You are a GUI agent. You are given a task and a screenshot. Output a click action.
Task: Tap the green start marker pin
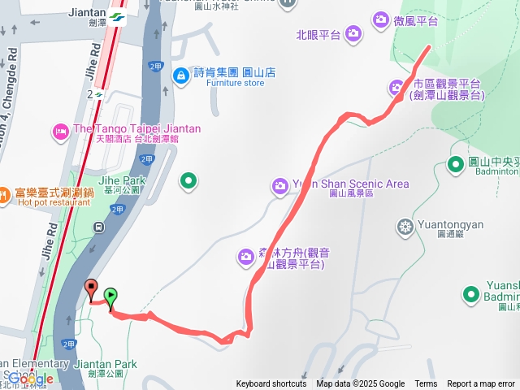[x=110, y=297]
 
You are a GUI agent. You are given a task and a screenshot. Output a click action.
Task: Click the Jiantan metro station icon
[x=118, y=17]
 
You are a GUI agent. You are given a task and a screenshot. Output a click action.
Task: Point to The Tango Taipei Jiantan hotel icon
[x=60, y=130]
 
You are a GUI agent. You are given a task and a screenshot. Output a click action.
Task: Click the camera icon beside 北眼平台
[x=353, y=33]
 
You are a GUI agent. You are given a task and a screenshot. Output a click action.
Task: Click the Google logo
[x=30, y=379]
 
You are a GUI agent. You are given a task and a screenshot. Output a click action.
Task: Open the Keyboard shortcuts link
[x=271, y=383]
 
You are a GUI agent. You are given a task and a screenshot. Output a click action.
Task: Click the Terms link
[x=426, y=383]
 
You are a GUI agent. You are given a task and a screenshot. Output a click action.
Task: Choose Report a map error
[x=481, y=383]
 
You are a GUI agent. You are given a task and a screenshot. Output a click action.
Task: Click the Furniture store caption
[x=236, y=83]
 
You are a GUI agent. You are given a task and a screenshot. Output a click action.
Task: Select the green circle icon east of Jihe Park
[x=188, y=180]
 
